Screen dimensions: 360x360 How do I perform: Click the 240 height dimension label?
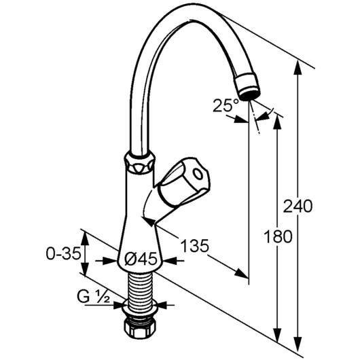[x=298, y=206]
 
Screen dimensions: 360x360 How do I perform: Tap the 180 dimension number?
[x=278, y=236]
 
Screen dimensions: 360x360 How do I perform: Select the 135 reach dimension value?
[x=195, y=245]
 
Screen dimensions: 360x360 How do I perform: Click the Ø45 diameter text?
[x=141, y=259]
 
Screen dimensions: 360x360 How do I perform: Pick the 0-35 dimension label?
[x=64, y=254]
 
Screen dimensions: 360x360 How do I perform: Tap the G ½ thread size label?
[x=94, y=297]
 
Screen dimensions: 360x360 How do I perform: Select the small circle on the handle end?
[x=197, y=174]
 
